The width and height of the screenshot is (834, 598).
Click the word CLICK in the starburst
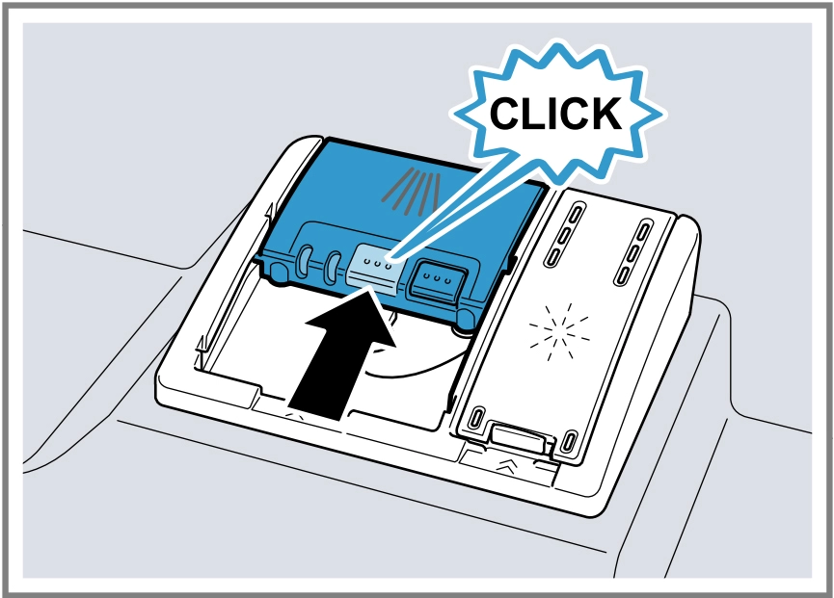tap(555, 114)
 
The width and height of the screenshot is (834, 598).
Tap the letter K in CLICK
tap(605, 114)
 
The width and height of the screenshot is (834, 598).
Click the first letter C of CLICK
tap(505, 114)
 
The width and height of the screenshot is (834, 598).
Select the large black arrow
tap(343, 351)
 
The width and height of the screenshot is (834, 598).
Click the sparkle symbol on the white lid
tap(559, 332)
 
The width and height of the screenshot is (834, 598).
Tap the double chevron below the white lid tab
tap(506, 467)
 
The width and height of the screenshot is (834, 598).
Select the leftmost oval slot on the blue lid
tap(306, 260)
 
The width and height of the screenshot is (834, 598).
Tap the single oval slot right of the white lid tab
tap(569, 441)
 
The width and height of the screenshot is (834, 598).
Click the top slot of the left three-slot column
tap(576, 215)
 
